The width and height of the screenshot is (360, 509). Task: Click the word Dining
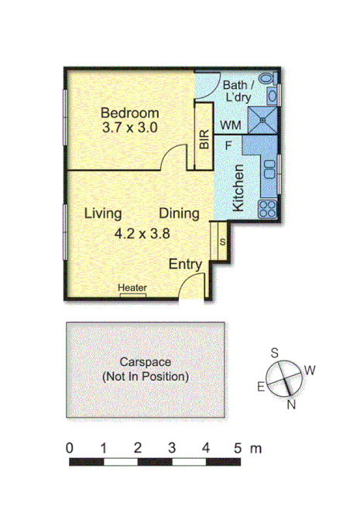click(x=180, y=214)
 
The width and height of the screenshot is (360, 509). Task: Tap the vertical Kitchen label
click(x=239, y=188)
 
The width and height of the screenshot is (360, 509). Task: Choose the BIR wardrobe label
click(x=204, y=140)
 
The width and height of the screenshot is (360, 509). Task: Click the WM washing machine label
click(x=230, y=125)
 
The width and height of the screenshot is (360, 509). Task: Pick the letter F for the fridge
click(x=229, y=144)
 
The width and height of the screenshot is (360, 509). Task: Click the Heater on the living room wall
click(x=132, y=289)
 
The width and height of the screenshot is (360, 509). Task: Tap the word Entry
click(x=186, y=265)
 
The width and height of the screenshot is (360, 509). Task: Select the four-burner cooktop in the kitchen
click(x=268, y=207)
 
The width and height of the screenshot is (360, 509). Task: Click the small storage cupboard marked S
click(x=222, y=242)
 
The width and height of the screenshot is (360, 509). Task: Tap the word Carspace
click(x=146, y=362)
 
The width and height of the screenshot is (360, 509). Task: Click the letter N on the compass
click(x=292, y=404)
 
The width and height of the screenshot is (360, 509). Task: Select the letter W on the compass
click(x=310, y=371)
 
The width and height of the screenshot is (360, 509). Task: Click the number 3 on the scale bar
click(x=171, y=448)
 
